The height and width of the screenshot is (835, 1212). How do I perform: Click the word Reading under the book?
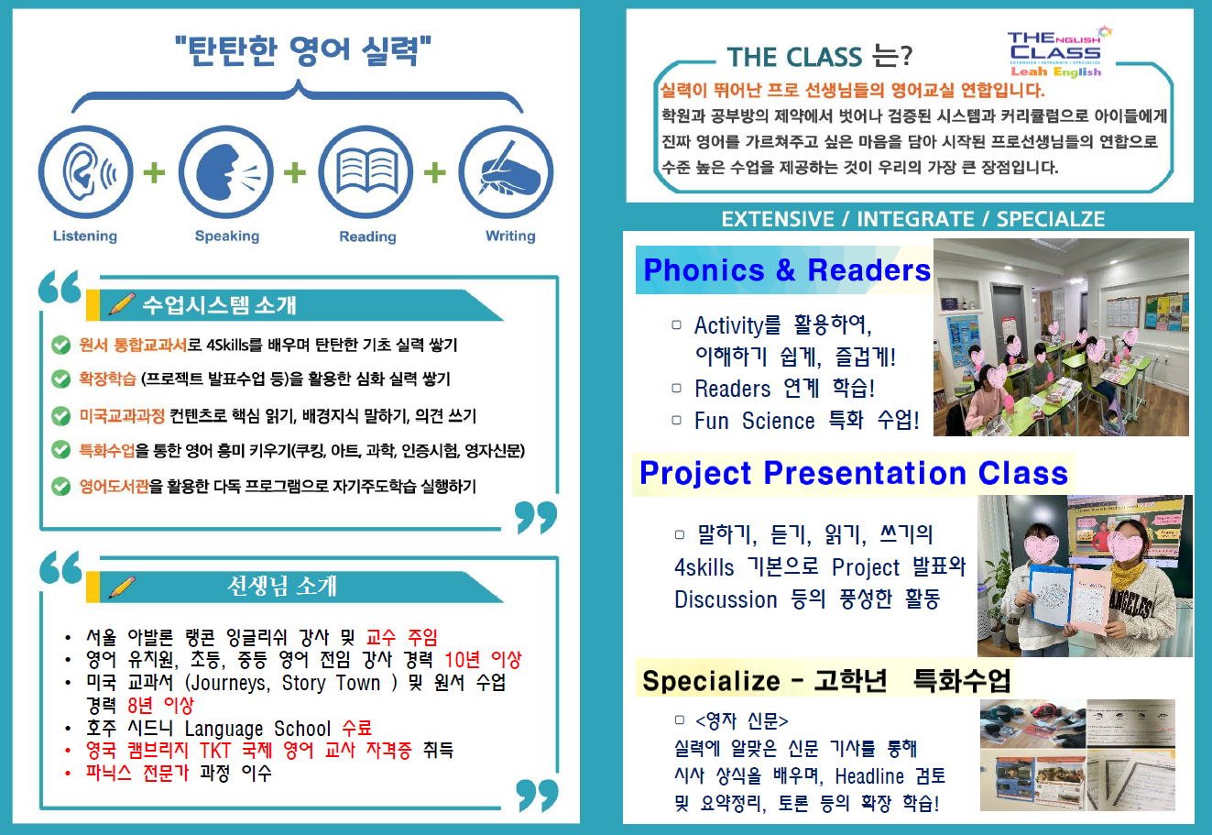point(367,236)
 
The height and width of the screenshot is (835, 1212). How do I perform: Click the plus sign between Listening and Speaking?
point(155,172)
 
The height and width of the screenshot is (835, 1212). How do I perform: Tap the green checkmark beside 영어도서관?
point(60,486)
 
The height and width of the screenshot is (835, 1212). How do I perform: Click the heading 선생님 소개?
point(282,587)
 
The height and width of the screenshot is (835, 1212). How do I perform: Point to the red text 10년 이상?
point(483,660)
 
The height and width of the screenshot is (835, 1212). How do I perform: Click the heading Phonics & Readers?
point(786,270)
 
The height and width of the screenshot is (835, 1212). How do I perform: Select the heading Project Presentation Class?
point(853,473)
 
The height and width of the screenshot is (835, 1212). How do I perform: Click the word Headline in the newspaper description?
point(869,776)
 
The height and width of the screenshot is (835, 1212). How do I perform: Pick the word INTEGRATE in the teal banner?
point(915,219)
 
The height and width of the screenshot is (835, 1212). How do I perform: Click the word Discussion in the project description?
point(726,599)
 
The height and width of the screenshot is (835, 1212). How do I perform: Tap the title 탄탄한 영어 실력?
point(303,51)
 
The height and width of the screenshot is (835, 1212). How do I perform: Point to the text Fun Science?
point(754,421)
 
